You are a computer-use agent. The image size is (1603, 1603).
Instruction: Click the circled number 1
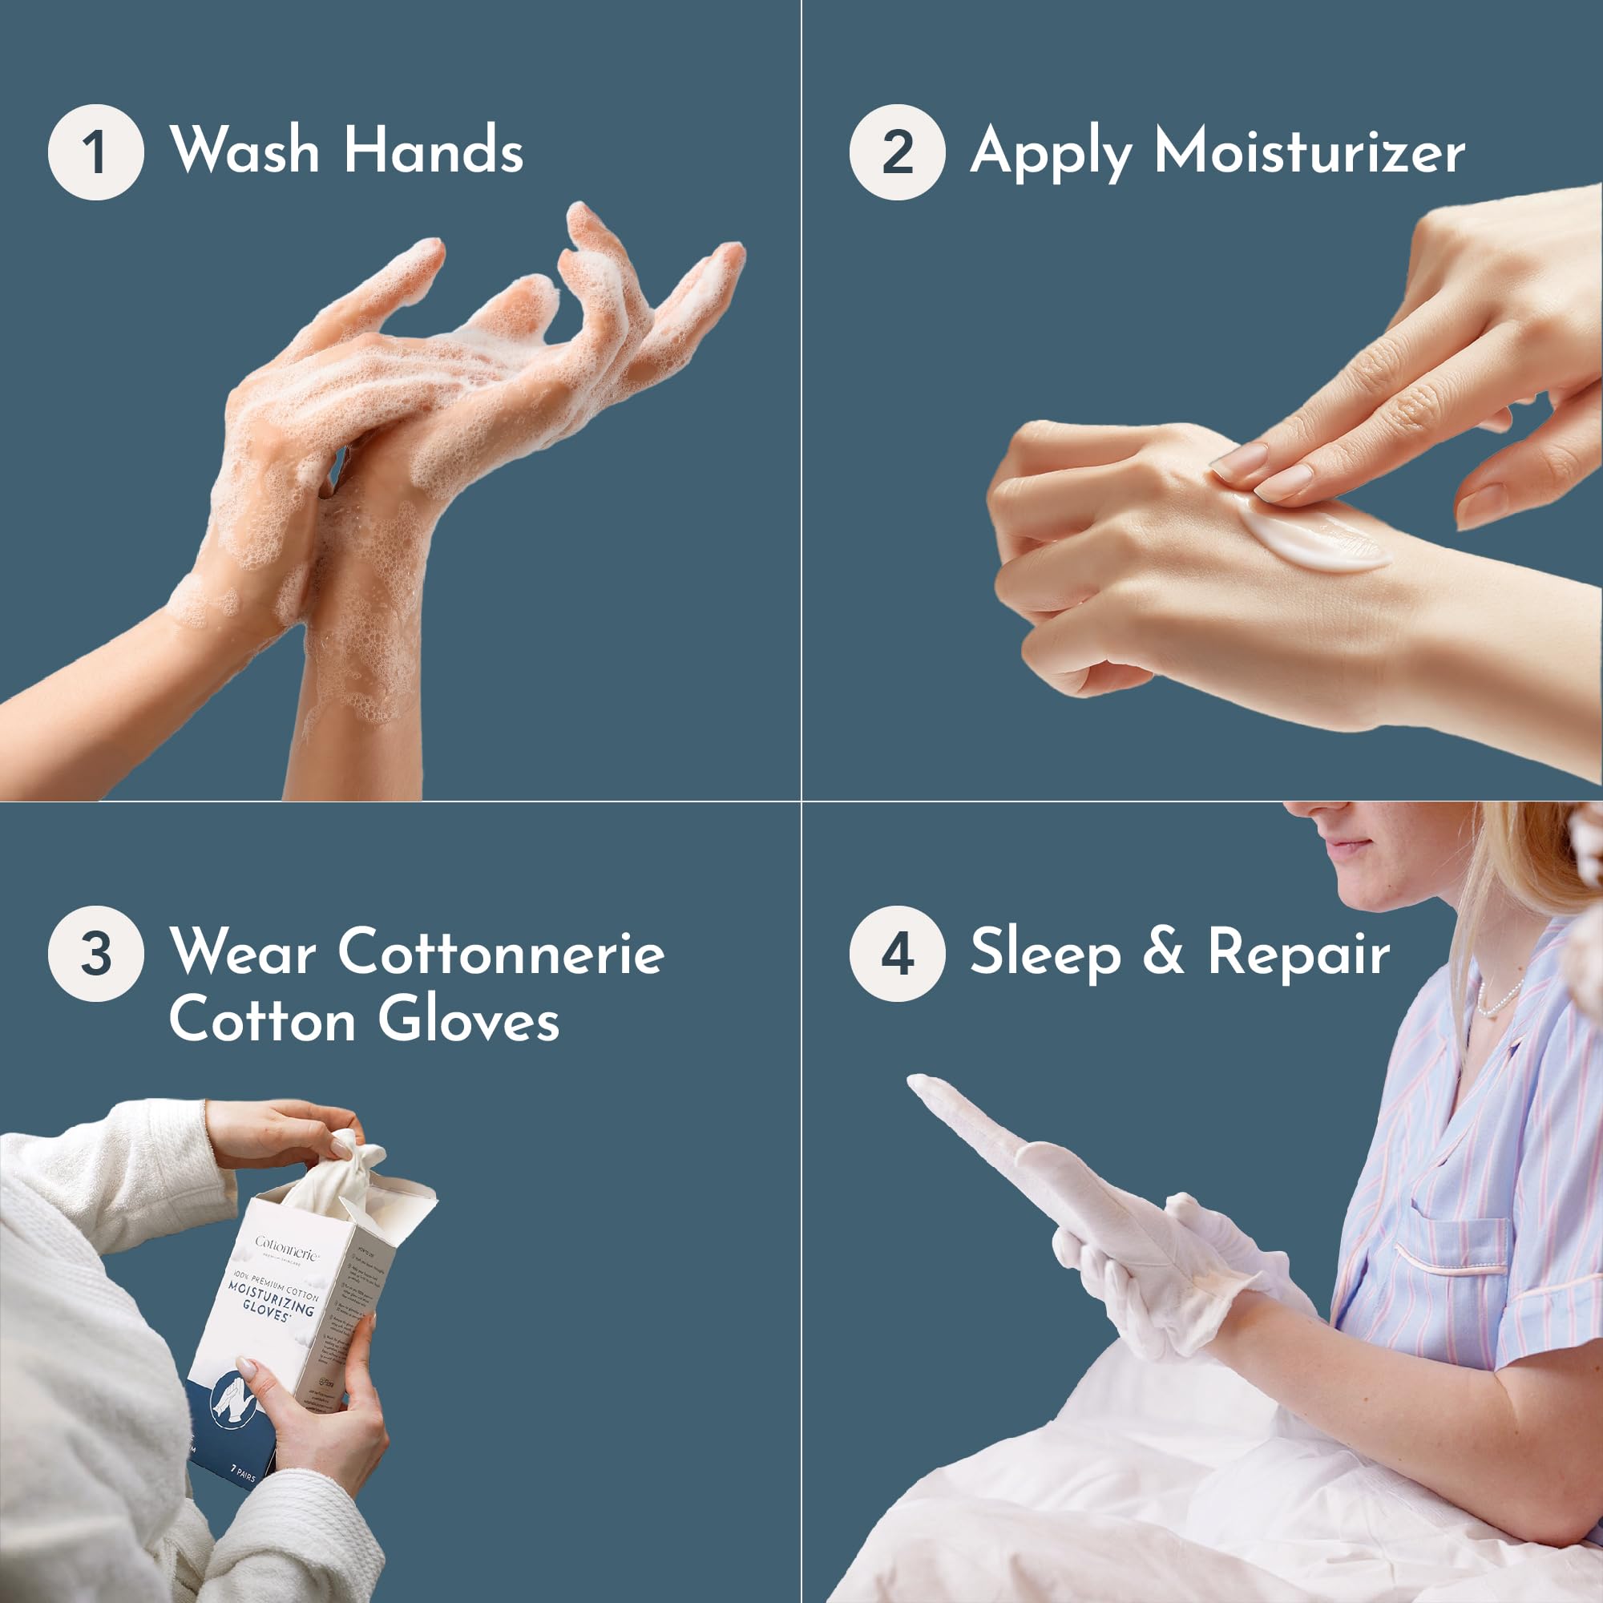(x=95, y=151)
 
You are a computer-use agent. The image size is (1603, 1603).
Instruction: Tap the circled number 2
(x=897, y=151)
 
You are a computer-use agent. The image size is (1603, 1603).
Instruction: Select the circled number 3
(x=95, y=953)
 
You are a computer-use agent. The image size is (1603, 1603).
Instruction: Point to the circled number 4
(x=897, y=953)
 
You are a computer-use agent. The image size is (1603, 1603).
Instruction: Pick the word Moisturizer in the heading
(x=1310, y=151)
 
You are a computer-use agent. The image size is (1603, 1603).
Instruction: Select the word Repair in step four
(x=1298, y=952)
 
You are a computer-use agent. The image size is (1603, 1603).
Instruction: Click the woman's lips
(x=1348, y=845)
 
